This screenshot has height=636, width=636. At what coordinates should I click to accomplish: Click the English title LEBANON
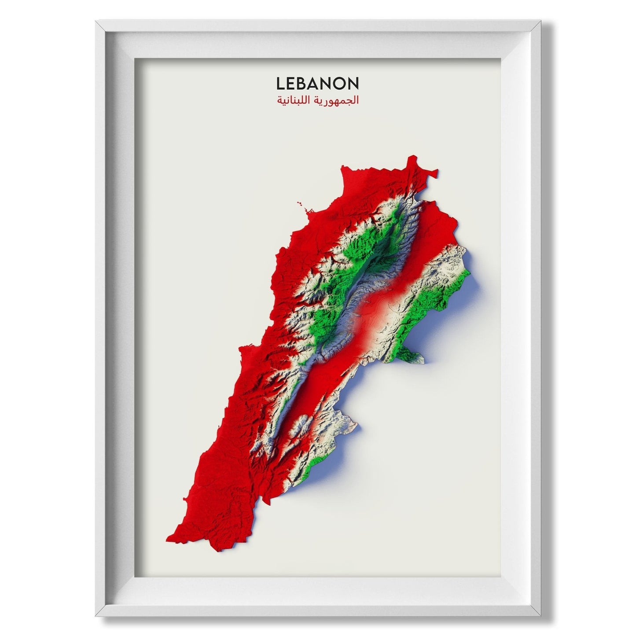point(317,83)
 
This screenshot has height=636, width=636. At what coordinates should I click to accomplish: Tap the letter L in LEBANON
point(280,83)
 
